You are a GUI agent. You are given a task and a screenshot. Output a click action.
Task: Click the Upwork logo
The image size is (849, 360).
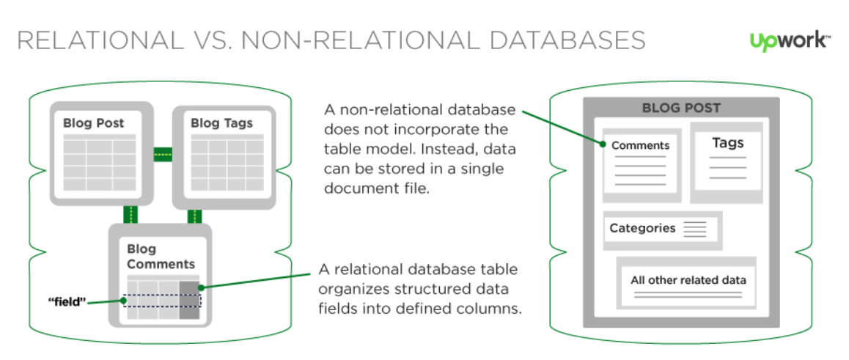click(x=790, y=41)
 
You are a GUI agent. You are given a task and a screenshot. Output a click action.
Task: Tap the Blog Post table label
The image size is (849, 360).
click(x=94, y=122)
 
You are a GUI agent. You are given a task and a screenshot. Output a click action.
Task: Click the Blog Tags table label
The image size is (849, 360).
click(x=221, y=122)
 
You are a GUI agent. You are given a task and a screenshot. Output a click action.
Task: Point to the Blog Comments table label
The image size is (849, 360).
click(x=161, y=257)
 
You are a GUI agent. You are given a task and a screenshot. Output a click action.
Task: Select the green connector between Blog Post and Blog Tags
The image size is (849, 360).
click(x=162, y=154)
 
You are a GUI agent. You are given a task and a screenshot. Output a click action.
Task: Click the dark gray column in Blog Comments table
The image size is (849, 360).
click(x=189, y=299)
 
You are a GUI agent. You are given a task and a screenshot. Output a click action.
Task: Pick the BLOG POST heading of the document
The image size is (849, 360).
click(x=681, y=108)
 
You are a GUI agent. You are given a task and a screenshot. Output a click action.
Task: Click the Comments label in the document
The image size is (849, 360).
click(x=640, y=145)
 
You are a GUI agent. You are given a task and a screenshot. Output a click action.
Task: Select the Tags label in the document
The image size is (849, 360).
click(x=727, y=142)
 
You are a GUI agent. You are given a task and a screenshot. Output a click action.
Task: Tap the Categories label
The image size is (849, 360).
click(x=642, y=228)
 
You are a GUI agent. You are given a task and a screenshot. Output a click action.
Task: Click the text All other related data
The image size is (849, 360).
click(x=688, y=280)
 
